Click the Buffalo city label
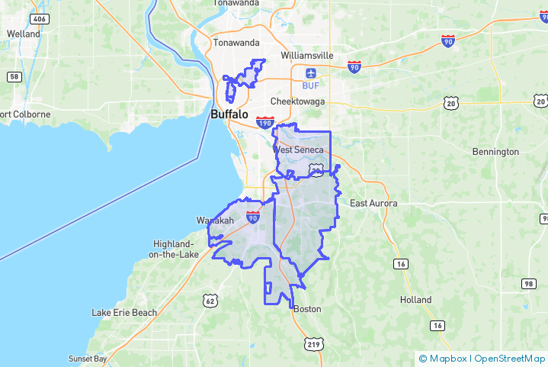click(229, 114)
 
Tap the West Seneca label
click(299, 150)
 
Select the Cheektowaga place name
click(297, 101)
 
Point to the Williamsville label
click(307, 56)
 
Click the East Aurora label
click(373, 203)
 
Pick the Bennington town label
click(495, 152)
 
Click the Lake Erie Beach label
click(124, 312)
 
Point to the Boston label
click(307, 309)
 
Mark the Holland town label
click(415, 300)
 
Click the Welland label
click(23, 34)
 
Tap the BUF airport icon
click(310, 73)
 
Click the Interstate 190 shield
click(264, 122)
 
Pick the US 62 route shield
click(211, 301)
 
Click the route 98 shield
click(528, 284)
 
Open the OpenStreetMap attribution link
click(510, 358)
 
